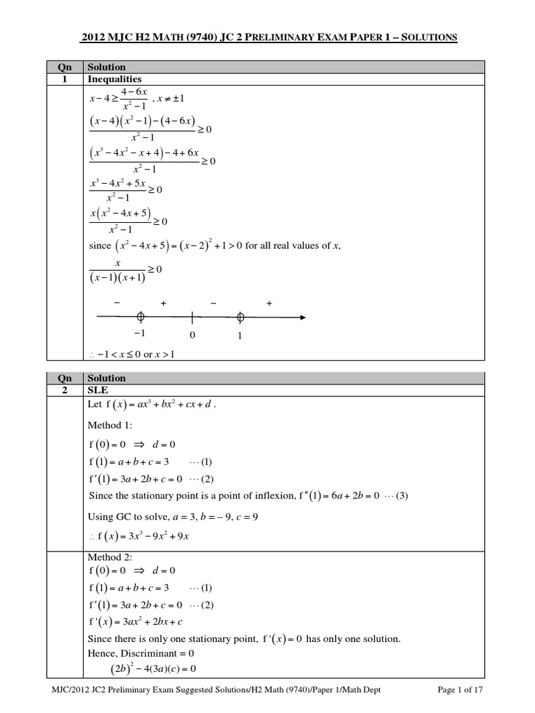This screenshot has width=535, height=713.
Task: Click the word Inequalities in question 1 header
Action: click(x=114, y=79)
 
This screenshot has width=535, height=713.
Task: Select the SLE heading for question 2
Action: click(x=97, y=390)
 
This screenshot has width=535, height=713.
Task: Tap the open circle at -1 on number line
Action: click(x=140, y=317)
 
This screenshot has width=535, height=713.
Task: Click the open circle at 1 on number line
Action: click(x=240, y=317)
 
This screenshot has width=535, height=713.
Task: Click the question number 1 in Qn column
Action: click(x=64, y=79)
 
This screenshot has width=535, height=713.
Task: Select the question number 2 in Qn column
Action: click(x=64, y=390)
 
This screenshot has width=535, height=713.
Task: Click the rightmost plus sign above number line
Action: click(x=269, y=304)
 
